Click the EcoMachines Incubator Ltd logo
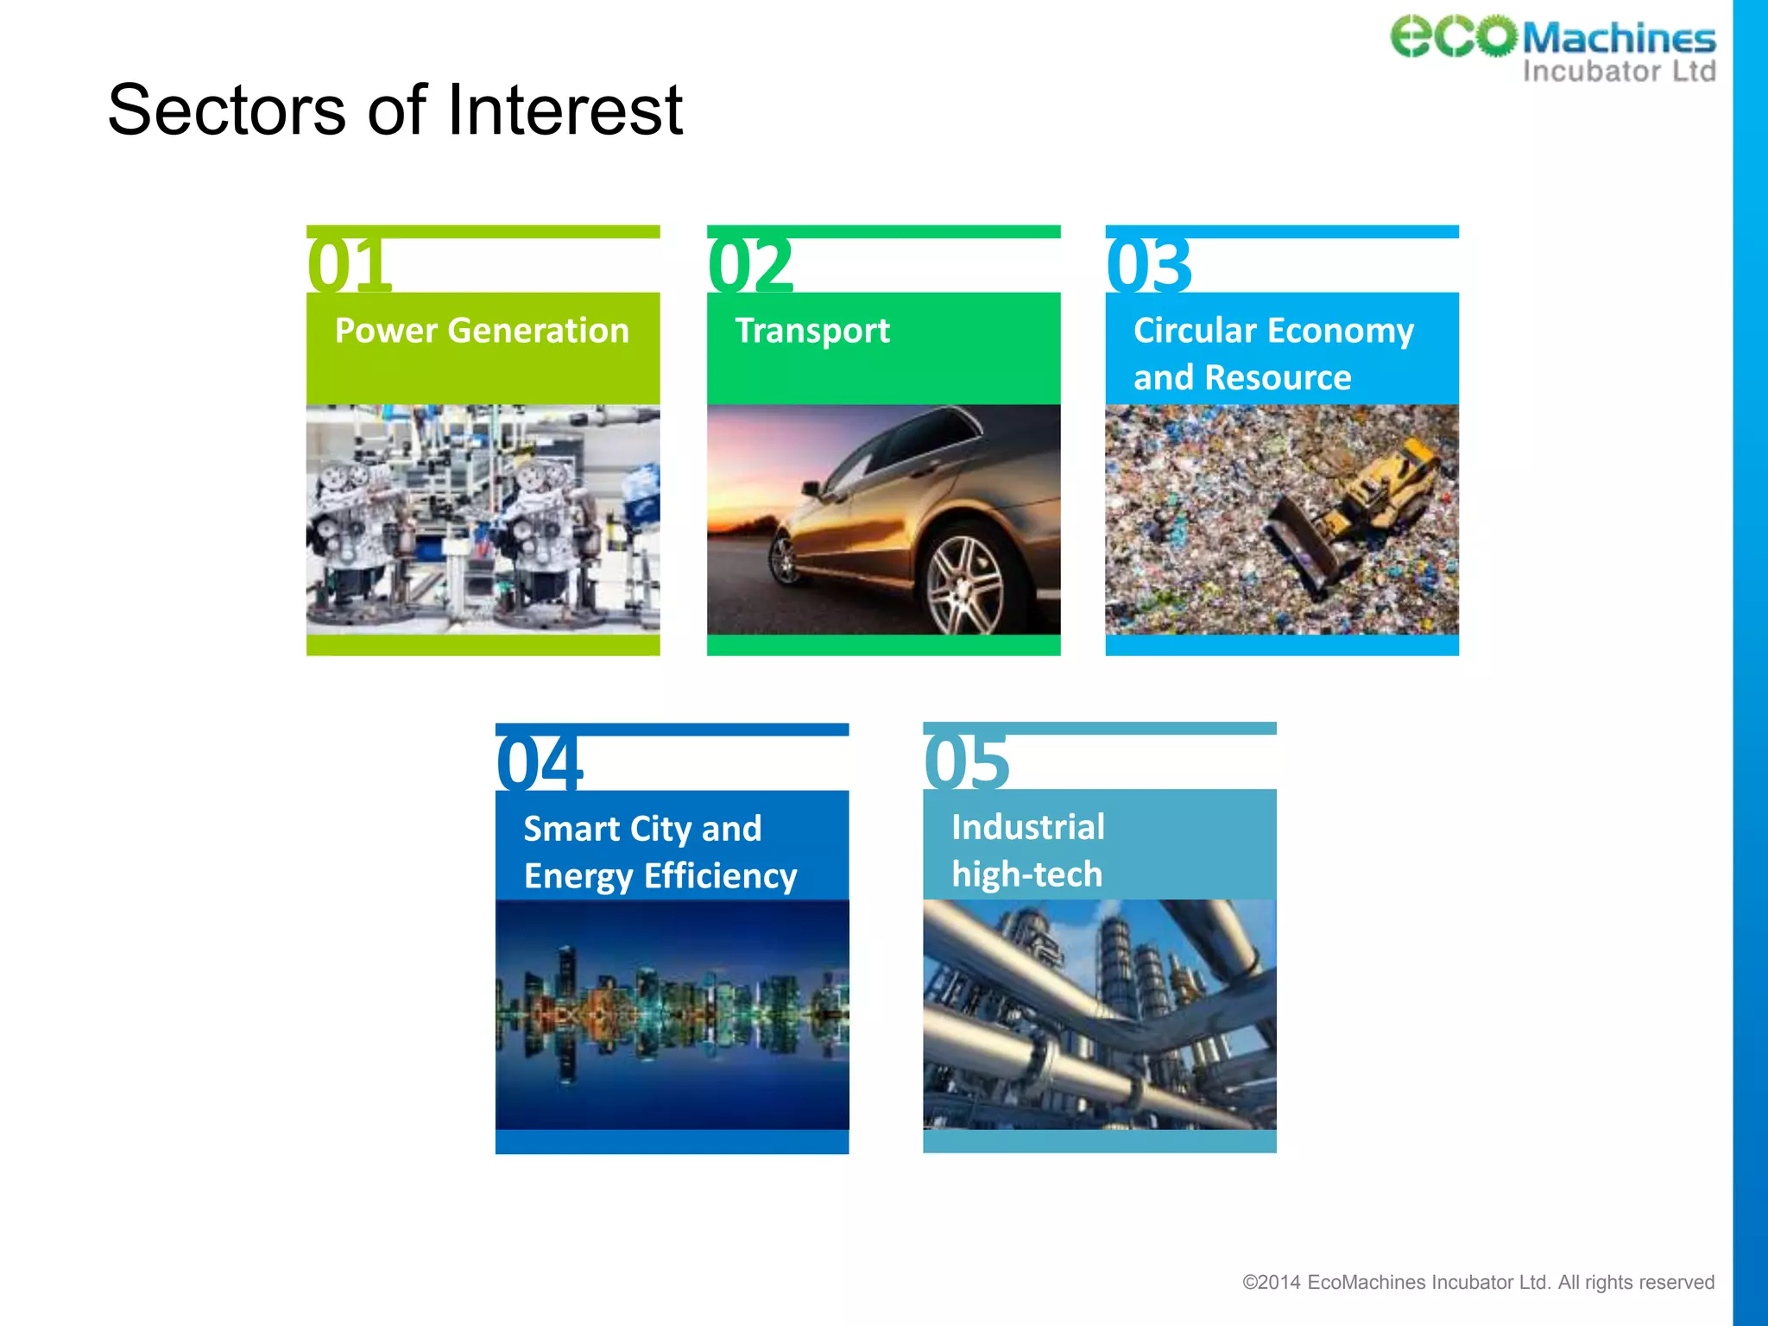tap(1552, 48)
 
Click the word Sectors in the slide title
tap(226, 110)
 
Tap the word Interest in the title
tap(565, 110)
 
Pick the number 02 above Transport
tap(750, 264)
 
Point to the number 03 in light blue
tap(1149, 264)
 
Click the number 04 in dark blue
tap(540, 762)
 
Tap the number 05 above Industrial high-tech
tap(966, 761)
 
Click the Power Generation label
tap(482, 331)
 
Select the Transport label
tap(812, 331)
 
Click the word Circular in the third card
tap(1195, 331)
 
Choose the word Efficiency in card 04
tap(721, 876)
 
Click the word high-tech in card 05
tap(1026, 875)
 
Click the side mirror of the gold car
tap(810, 489)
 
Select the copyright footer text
tap(1478, 1282)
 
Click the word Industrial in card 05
tap(1027, 827)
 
